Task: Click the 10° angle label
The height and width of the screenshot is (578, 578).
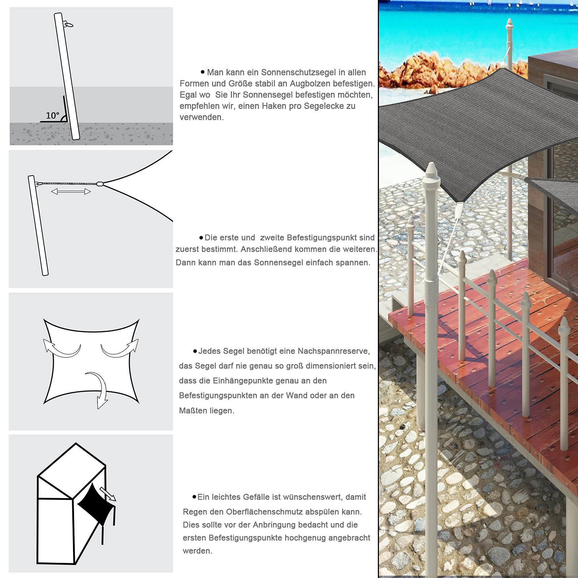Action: tap(52, 116)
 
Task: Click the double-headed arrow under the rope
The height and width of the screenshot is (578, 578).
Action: tap(71, 191)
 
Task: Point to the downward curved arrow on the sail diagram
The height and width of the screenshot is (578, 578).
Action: tap(99, 390)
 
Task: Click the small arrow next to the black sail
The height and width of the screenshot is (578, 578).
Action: tap(108, 494)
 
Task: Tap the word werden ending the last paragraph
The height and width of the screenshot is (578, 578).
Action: tap(197, 551)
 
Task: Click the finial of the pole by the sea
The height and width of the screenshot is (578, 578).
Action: tap(509, 25)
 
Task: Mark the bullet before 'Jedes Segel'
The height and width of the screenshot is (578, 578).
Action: tap(195, 351)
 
